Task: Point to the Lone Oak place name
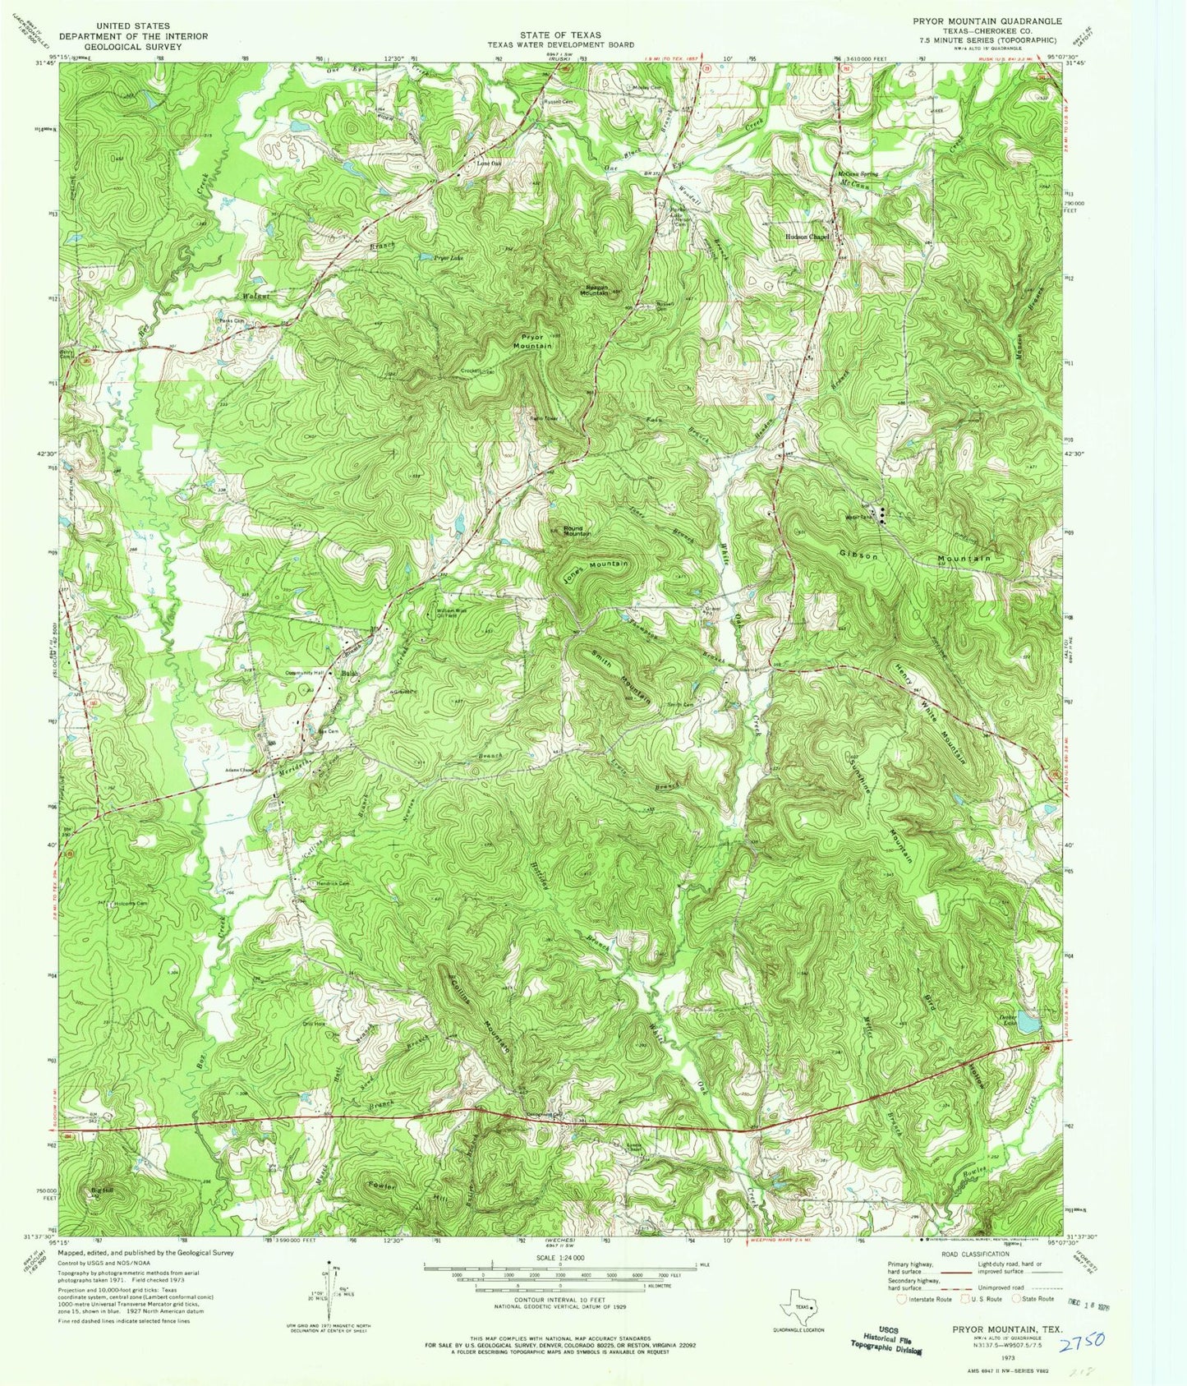488,163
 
